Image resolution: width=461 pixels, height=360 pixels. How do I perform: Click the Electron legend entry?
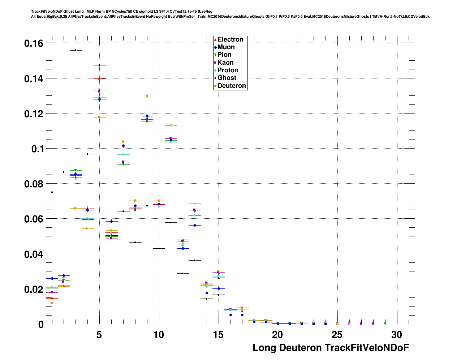(230, 39)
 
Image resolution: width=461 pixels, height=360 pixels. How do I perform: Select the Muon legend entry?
(226, 47)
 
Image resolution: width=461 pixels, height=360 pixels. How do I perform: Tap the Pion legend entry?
(224, 55)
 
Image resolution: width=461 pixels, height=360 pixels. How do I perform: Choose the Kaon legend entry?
(225, 63)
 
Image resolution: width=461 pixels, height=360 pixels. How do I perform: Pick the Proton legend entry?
(228, 70)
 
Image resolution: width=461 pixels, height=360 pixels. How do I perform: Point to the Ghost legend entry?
(227, 78)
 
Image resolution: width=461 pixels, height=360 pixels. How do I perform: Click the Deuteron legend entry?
(231, 86)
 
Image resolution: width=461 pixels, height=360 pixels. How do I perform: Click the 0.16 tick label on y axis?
(34, 43)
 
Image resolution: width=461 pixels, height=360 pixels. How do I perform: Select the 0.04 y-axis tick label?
(34, 254)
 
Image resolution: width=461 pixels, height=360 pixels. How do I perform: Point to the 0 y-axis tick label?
(41, 324)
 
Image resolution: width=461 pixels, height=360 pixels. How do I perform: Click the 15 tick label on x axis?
(218, 335)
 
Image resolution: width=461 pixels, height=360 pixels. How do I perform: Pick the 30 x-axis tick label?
(397, 335)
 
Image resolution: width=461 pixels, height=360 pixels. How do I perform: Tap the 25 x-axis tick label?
(337, 335)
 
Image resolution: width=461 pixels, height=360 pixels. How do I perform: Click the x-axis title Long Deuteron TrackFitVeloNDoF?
(331, 348)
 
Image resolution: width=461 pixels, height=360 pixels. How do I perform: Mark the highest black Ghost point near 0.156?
(76, 50)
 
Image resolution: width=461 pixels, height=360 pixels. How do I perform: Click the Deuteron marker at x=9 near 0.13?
(147, 96)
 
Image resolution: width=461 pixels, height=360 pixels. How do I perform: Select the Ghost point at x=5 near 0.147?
(99, 65)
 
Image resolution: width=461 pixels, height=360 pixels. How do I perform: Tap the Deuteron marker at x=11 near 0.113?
(171, 125)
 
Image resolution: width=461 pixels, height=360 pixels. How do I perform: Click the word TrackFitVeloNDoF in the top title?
(46, 12)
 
